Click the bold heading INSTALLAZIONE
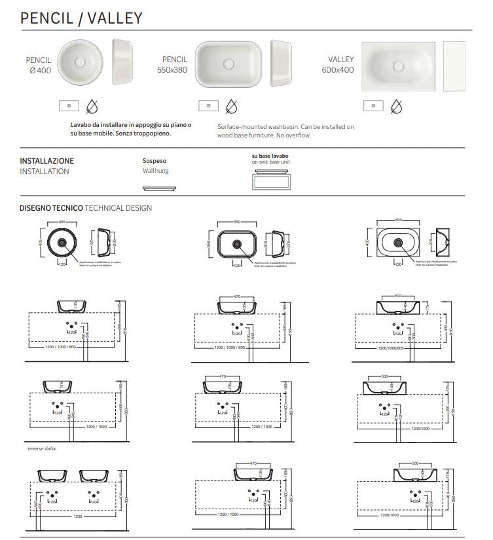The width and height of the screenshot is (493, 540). point(46,160)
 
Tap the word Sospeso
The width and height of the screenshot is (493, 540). point(155,160)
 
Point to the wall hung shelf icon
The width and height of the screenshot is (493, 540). point(158,187)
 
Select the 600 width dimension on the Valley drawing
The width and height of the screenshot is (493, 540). point(399,221)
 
